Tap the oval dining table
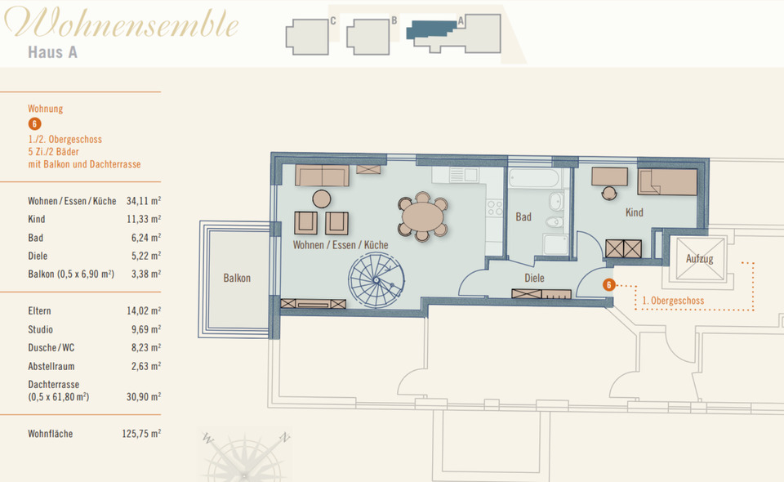tap(422, 218)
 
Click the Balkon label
tap(237, 279)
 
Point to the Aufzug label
tap(698, 259)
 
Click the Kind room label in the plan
tap(634, 213)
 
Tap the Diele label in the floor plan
tap(534, 279)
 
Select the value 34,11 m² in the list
tap(144, 201)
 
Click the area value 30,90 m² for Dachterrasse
tap(144, 396)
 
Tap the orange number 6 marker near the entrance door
tap(608, 285)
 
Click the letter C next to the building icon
tap(333, 21)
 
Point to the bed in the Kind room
tap(667, 181)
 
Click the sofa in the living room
tap(322, 175)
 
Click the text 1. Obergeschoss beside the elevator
tap(673, 301)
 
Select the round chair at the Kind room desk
tap(609, 193)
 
